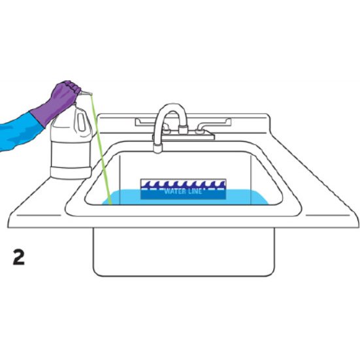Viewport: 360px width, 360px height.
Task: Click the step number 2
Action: [19, 257]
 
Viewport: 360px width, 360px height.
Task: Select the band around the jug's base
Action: [71, 172]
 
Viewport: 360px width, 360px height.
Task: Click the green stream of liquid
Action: [101, 149]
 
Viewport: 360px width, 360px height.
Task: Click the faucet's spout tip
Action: [157, 148]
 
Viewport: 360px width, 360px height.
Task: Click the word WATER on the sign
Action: [174, 191]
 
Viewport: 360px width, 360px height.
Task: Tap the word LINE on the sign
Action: [193, 191]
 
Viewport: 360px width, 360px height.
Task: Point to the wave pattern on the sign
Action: [183, 184]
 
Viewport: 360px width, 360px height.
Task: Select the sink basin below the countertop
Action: [184, 252]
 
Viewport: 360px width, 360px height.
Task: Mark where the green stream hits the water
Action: [110, 203]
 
